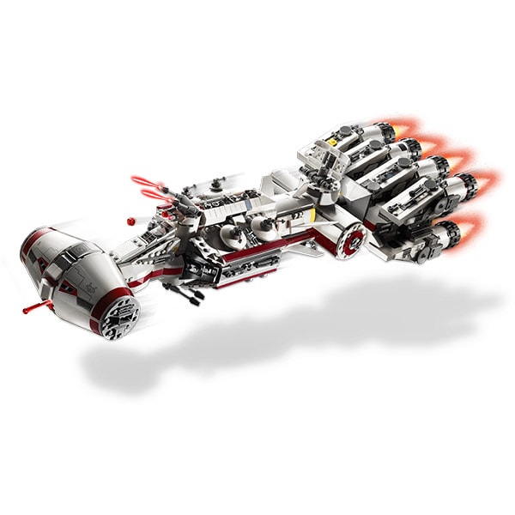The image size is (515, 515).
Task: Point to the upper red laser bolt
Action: [x=144, y=180]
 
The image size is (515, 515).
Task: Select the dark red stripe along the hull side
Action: [x=257, y=249]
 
